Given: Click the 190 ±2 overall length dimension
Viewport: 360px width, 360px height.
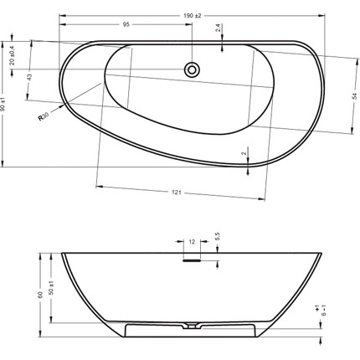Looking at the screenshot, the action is (x=193, y=16).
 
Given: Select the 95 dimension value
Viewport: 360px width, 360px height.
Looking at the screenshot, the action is (x=126, y=24).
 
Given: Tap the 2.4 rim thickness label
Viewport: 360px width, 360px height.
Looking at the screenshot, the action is (x=218, y=28).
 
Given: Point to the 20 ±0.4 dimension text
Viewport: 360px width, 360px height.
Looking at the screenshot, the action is (x=12, y=55).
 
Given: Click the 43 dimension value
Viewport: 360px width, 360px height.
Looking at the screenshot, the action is (x=30, y=76).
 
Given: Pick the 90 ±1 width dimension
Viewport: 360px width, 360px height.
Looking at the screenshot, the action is (x=3, y=104).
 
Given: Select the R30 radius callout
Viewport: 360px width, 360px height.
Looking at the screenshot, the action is (x=44, y=116).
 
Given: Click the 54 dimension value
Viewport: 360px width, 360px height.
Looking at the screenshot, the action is (x=354, y=96).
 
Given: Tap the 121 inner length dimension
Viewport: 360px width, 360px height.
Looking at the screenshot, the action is (x=177, y=193).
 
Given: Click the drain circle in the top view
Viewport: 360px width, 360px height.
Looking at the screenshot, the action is (x=192, y=69).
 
